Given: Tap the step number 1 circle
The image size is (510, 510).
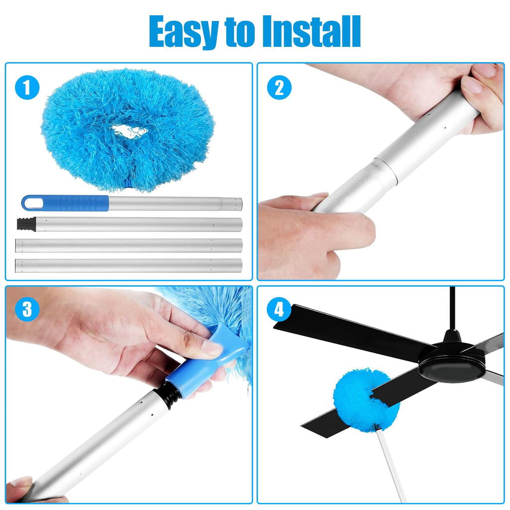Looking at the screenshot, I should pos(27,88).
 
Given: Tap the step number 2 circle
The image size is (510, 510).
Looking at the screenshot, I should pos(279,88).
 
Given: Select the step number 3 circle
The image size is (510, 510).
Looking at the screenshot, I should pos(27,310).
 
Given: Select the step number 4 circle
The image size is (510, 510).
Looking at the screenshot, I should pos(279,310).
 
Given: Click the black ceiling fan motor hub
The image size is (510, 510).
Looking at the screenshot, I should pos(451,361).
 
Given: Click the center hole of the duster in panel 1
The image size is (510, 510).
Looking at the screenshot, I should pos(129,131).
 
